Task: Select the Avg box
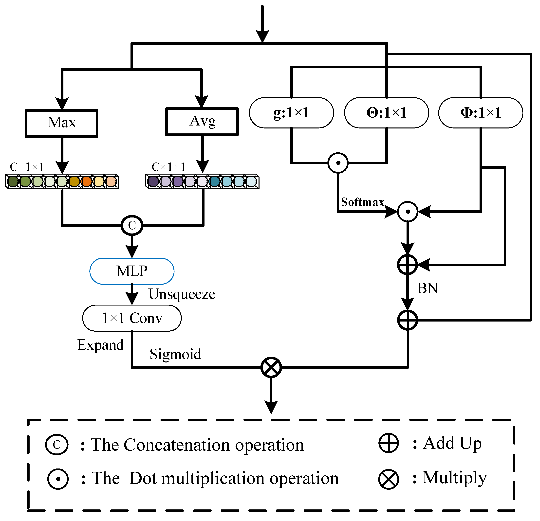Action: (x=202, y=121)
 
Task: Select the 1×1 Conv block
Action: (x=132, y=318)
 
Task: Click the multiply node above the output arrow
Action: (x=271, y=367)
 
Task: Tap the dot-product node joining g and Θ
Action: (x=338, y=163)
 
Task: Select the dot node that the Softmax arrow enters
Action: (x=408, y=212)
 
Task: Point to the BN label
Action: (x=427, y=288)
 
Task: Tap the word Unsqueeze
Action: (x=182, y=294)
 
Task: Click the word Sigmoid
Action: (x=175, y=354)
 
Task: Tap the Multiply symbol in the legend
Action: (x=389, y=479)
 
